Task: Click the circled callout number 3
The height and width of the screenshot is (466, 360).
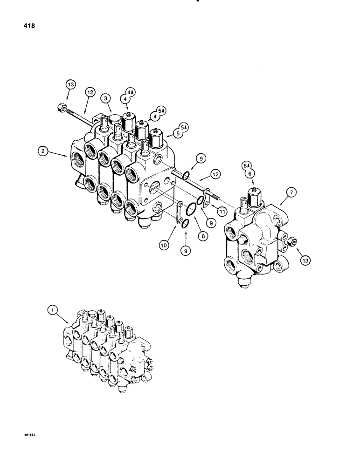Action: click(x=106, y=98)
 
